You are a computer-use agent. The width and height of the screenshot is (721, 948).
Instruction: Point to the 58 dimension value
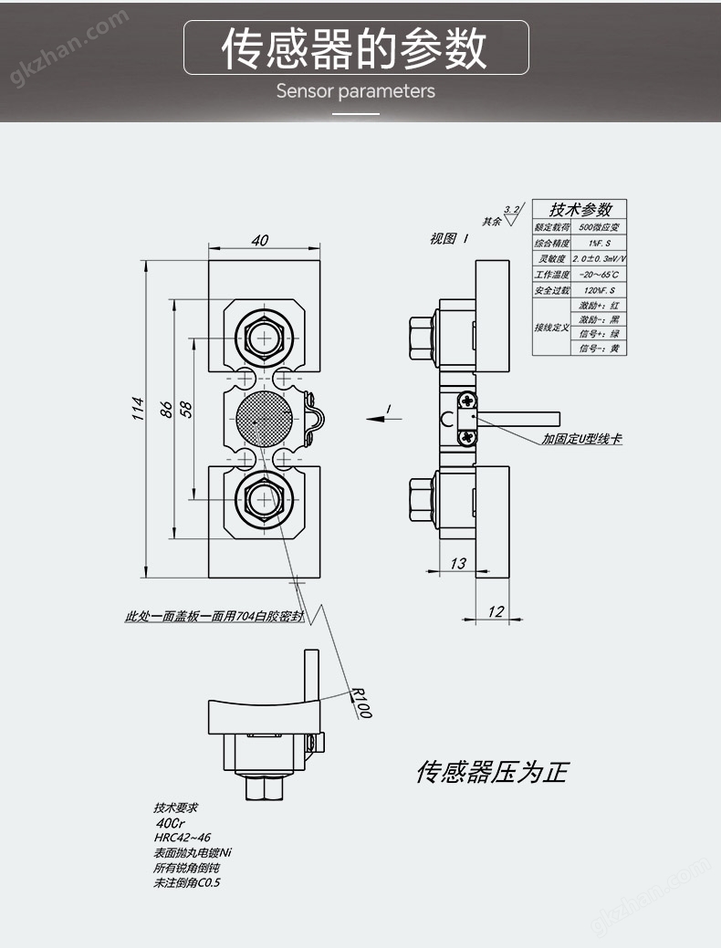pyautogui.click(x=186, y=408)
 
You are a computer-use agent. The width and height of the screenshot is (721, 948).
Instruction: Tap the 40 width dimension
pyautogui.click(x=260, y=240)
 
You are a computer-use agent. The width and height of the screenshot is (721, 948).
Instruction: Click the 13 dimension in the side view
pyautogui.click(x=458, y=563)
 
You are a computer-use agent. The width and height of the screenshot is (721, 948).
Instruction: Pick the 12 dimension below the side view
pyautogui.click(x=496, y=611)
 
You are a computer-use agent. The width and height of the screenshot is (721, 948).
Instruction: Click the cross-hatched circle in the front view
pyautogui.click(x=265, y=419)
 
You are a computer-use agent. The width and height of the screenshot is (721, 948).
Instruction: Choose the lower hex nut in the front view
pyautogui.click(x=265, y=499)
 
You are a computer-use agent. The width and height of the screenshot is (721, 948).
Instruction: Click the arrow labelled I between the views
pyautogui.click(x=383, y=417)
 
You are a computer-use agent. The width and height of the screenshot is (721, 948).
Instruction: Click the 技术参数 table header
pyautogui.click(x=581, y=209)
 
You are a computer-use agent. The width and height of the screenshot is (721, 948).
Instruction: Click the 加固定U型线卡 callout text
pyautogui.click(x=581, y=439)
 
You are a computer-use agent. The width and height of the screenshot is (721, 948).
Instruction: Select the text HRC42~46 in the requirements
pyautogui.click(x=183, y=837)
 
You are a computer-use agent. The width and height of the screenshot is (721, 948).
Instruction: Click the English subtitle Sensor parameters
pyautogui.click(x=356, y=91)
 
